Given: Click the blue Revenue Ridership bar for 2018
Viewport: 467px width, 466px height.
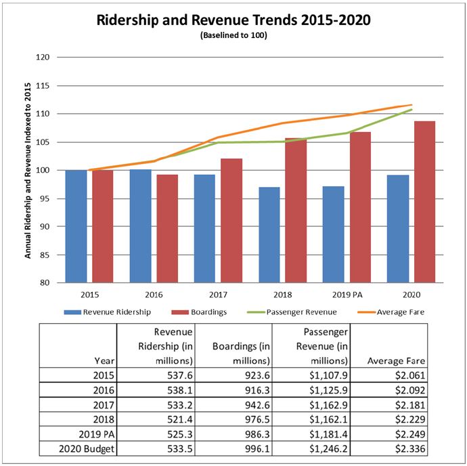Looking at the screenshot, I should pyautogui.click(x=269, y=234).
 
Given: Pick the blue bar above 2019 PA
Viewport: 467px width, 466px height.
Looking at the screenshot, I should pyautogui.click(x=333, y=234).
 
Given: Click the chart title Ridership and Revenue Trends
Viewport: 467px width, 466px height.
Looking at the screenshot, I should pyautogui.click(x=234, y=19).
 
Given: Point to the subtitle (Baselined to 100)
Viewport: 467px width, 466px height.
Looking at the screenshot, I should pyautogui.click(x=234, y=35).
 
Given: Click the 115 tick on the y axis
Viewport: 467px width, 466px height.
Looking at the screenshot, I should pyautogui.click(x=43, y=85).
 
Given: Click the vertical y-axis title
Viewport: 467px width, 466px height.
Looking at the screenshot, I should pyautogui.click(x=29, y=169).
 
